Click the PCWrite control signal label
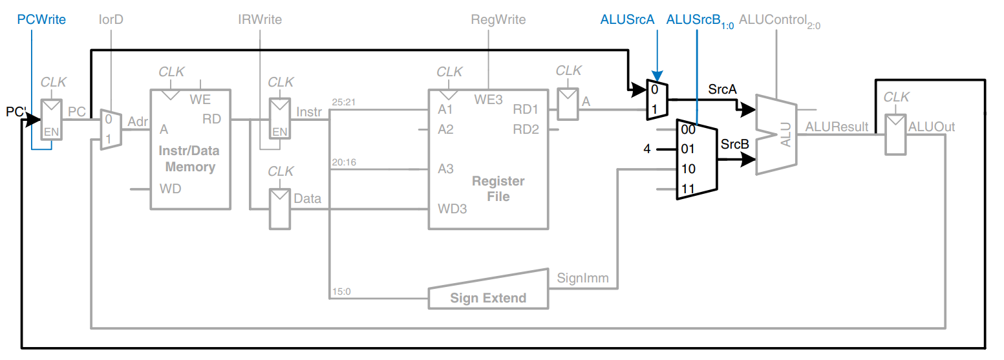(x=41, y=20)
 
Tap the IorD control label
(x=111, y=20)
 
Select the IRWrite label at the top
(x=259, y=20)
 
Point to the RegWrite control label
(x=498, y=20)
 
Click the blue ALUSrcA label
(x=627, y=20)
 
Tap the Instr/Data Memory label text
(x=189, y=159)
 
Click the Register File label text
(x=498, y=188)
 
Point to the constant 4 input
(x=646, y=149)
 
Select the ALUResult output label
(x=837, y=127)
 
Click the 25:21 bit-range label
(x=344, y=102)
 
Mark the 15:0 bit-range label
(x=341, y=291)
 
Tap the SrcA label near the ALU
(x=722, y=90)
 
